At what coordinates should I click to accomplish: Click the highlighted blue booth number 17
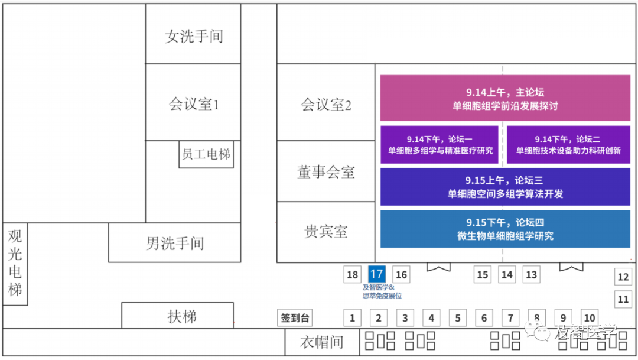[376, 274]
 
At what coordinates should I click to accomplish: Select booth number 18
[353, 274]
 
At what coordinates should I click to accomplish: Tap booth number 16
[401, 274]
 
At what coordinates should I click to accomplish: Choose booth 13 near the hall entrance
[532, 274]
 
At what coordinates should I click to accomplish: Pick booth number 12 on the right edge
[623, 277]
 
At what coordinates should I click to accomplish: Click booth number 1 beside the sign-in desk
[352, 318]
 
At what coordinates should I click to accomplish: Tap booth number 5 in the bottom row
[458, 318]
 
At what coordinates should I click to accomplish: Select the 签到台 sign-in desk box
[295, 318]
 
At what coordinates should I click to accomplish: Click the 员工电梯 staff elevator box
[206, 155]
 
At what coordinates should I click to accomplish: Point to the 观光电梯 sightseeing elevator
[15, 263]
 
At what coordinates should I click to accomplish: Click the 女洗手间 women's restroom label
[194, 37]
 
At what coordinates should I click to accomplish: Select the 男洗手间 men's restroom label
[175, 243]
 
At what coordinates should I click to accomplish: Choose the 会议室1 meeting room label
[194, 105]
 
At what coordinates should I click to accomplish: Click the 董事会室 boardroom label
[326, 172]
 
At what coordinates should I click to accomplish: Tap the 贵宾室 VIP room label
[326, 232]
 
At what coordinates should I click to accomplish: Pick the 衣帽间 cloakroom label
[321, 343]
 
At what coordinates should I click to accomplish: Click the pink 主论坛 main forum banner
[505, 99]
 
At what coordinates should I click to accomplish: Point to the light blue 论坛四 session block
[505, 229]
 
